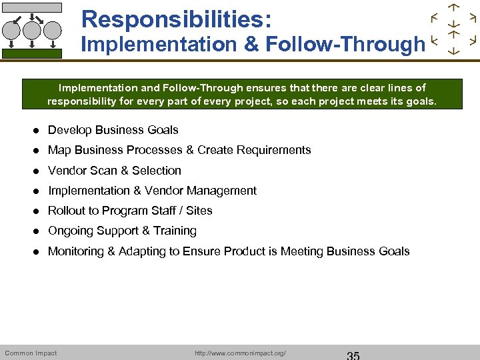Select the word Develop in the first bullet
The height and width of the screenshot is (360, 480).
pos(69,130)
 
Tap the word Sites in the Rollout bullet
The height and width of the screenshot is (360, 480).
pos(199,211)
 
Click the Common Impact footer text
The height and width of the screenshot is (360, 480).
pos(31,353)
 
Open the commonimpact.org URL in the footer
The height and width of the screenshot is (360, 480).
pos(240,353)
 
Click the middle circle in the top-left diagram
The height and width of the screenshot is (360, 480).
pos(32,30)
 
